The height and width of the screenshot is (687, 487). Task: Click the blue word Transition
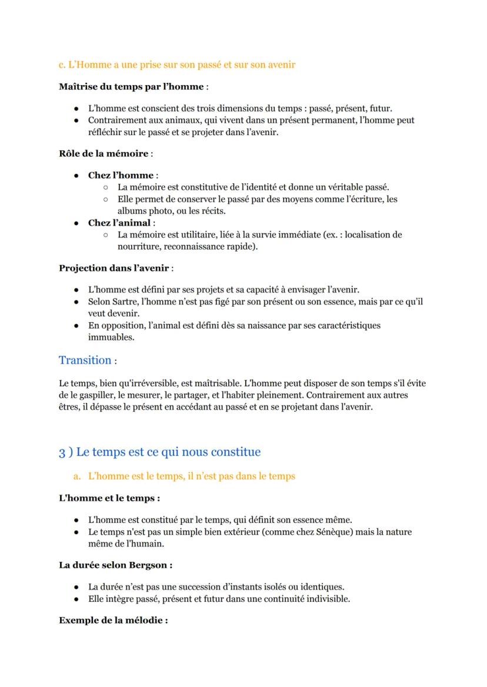85,360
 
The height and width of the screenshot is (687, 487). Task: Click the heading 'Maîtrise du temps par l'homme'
131,87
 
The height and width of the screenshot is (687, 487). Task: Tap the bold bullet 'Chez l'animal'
120,223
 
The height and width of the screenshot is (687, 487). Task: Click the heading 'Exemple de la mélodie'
113,620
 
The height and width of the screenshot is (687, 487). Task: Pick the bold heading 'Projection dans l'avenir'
114,268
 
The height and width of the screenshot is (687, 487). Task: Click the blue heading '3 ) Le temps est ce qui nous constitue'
159,452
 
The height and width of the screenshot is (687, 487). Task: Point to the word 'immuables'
111,337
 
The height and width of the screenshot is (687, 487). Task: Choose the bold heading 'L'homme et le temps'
109,498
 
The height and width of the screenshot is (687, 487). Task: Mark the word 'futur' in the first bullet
380,109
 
